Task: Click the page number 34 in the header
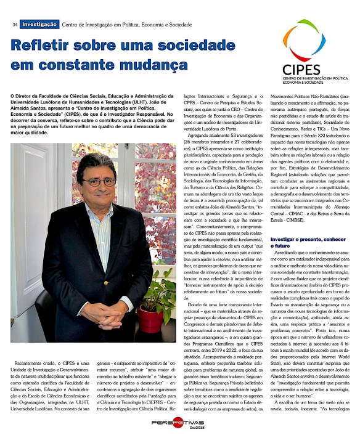tap(14, 24)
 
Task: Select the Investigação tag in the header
tap(39, 24)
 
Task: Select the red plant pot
tap(150, 318)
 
